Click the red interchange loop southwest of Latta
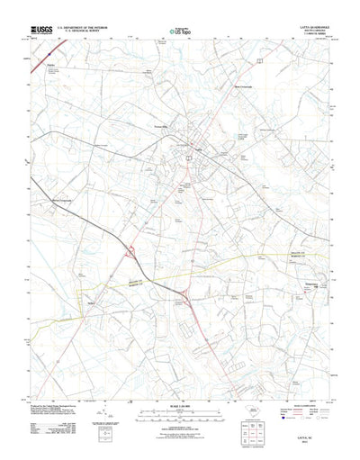pyautogui.click(x=132, y=253)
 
